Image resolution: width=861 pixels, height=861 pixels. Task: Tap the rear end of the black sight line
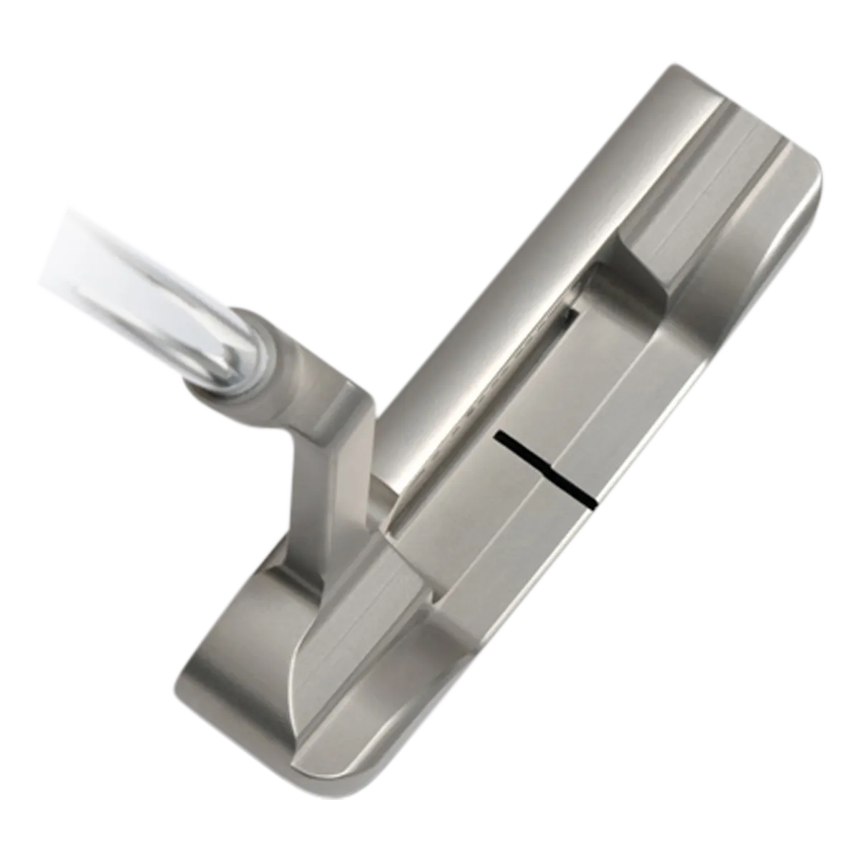point(593,499)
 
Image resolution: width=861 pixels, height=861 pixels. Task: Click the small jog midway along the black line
point(551,472)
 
